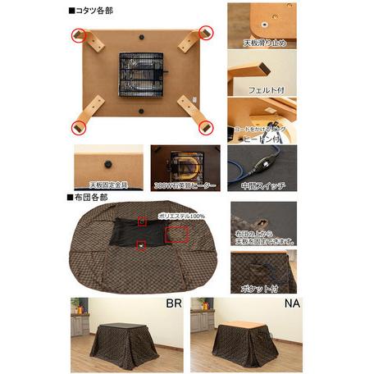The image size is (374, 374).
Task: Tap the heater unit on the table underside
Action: tap(140, 75)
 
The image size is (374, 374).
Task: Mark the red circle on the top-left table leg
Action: tap(79, 35)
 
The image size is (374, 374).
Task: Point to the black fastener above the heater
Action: tap(141, 38)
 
